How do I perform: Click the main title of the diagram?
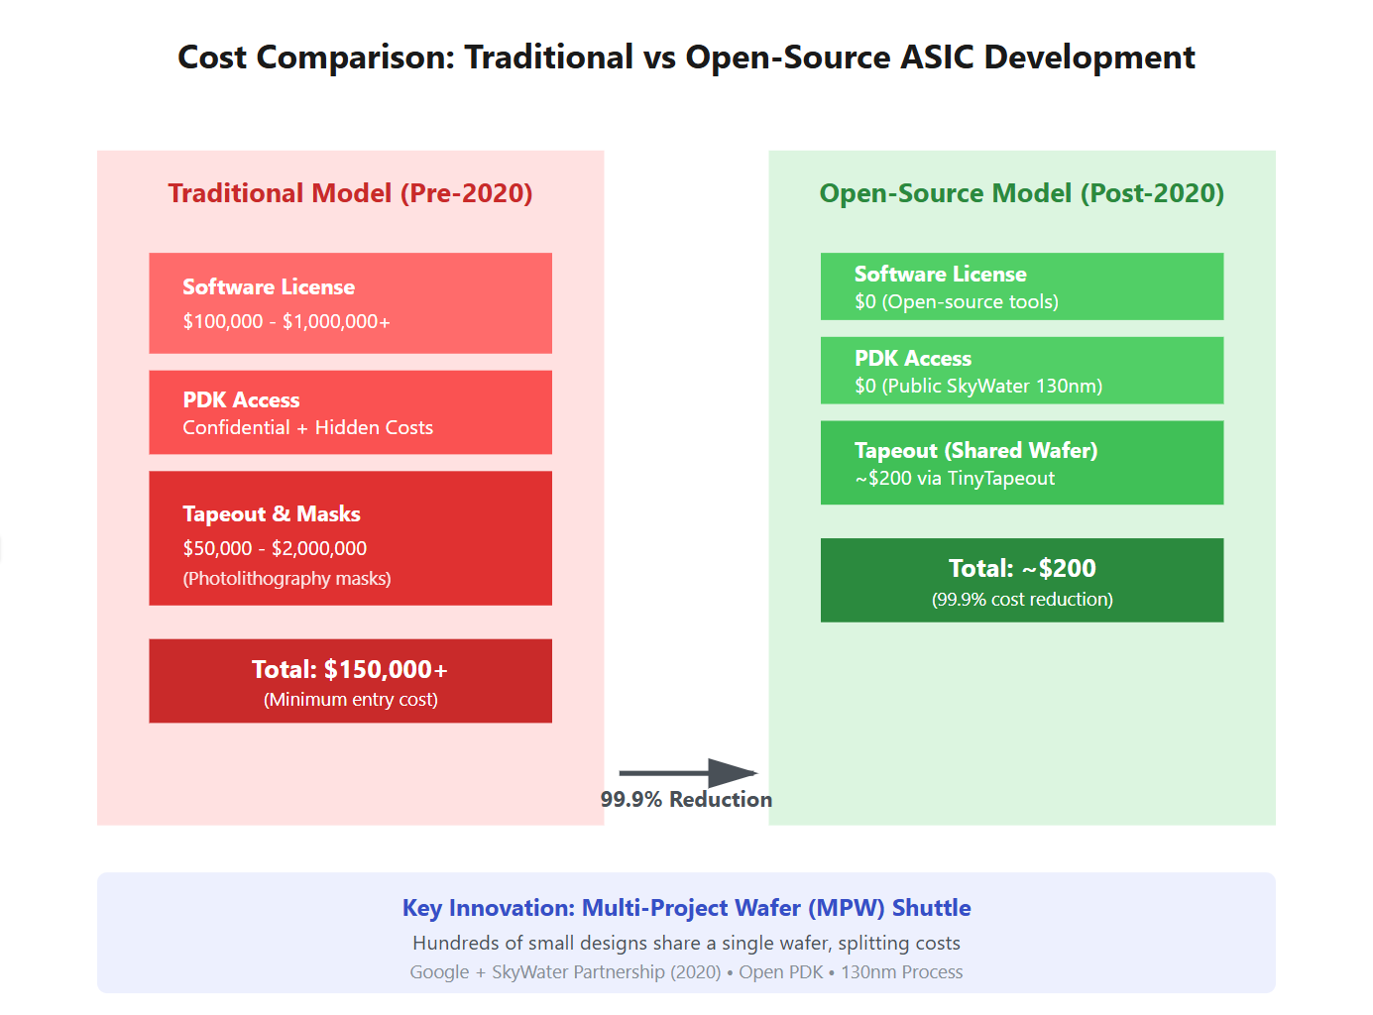(x=686, y=57)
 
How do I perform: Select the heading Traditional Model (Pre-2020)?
(x=350, y=193)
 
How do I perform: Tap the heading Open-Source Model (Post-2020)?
(x=1021, y=193)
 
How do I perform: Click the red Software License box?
(x=350, y=302)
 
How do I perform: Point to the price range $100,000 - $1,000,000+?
(x=286, y=321)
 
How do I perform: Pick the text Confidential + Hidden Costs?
(x=307, y=427)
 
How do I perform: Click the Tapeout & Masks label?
(x=272, y=513)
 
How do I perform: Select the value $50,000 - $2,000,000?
(x=275, y=548)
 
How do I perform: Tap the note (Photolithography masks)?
(x=286, y=579)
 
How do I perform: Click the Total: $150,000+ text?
(x=350, y=670)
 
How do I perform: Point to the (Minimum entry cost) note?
(x=350, y=700)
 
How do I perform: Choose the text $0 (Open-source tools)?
(x=957, y=301)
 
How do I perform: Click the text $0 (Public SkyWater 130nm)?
(x=978, y=386)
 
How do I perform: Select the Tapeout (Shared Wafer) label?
(x=975, y=450)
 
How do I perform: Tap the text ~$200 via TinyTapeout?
(x=955, y=478)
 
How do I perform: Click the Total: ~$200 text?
(x=1022, y=568)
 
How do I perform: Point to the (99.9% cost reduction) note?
(x=1022, y=600)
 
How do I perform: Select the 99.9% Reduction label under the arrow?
(x=686, y=799)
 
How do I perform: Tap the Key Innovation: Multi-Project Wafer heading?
(x=686, y=908)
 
